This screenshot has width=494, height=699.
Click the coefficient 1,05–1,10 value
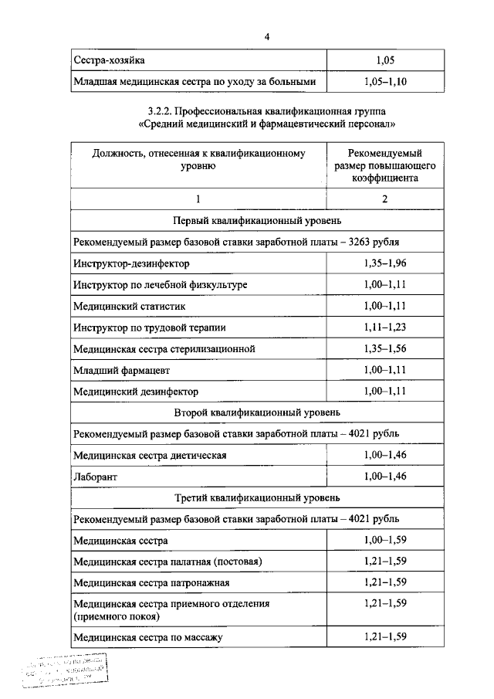(384, 80)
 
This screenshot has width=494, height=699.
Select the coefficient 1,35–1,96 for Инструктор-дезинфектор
(384, 263)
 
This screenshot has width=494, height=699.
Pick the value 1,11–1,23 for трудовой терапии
(384, 327)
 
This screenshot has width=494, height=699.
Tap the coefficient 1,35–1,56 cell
(384, 349)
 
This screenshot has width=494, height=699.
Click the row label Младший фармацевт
(117, 371)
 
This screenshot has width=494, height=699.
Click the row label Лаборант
(95, 477)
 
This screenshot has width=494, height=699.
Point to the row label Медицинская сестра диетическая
(150, 456)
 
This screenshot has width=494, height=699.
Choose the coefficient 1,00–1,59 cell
(384, 540)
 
